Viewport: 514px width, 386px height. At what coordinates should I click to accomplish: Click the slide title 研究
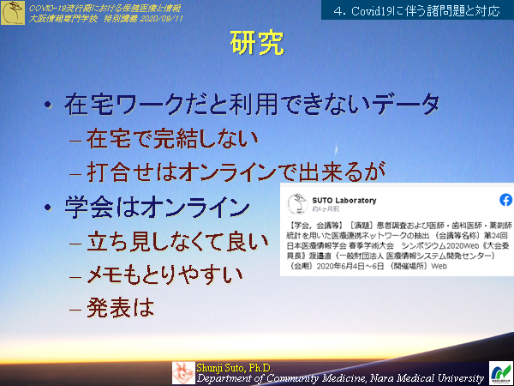[258, 45]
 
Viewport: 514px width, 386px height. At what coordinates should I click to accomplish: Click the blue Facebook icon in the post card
[505, 199]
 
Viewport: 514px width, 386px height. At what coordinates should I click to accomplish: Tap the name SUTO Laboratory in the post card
[344, 199]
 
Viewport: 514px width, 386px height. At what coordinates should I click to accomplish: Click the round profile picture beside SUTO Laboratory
[298, 202]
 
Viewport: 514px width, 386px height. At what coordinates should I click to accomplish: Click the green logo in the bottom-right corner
[500, 372]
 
